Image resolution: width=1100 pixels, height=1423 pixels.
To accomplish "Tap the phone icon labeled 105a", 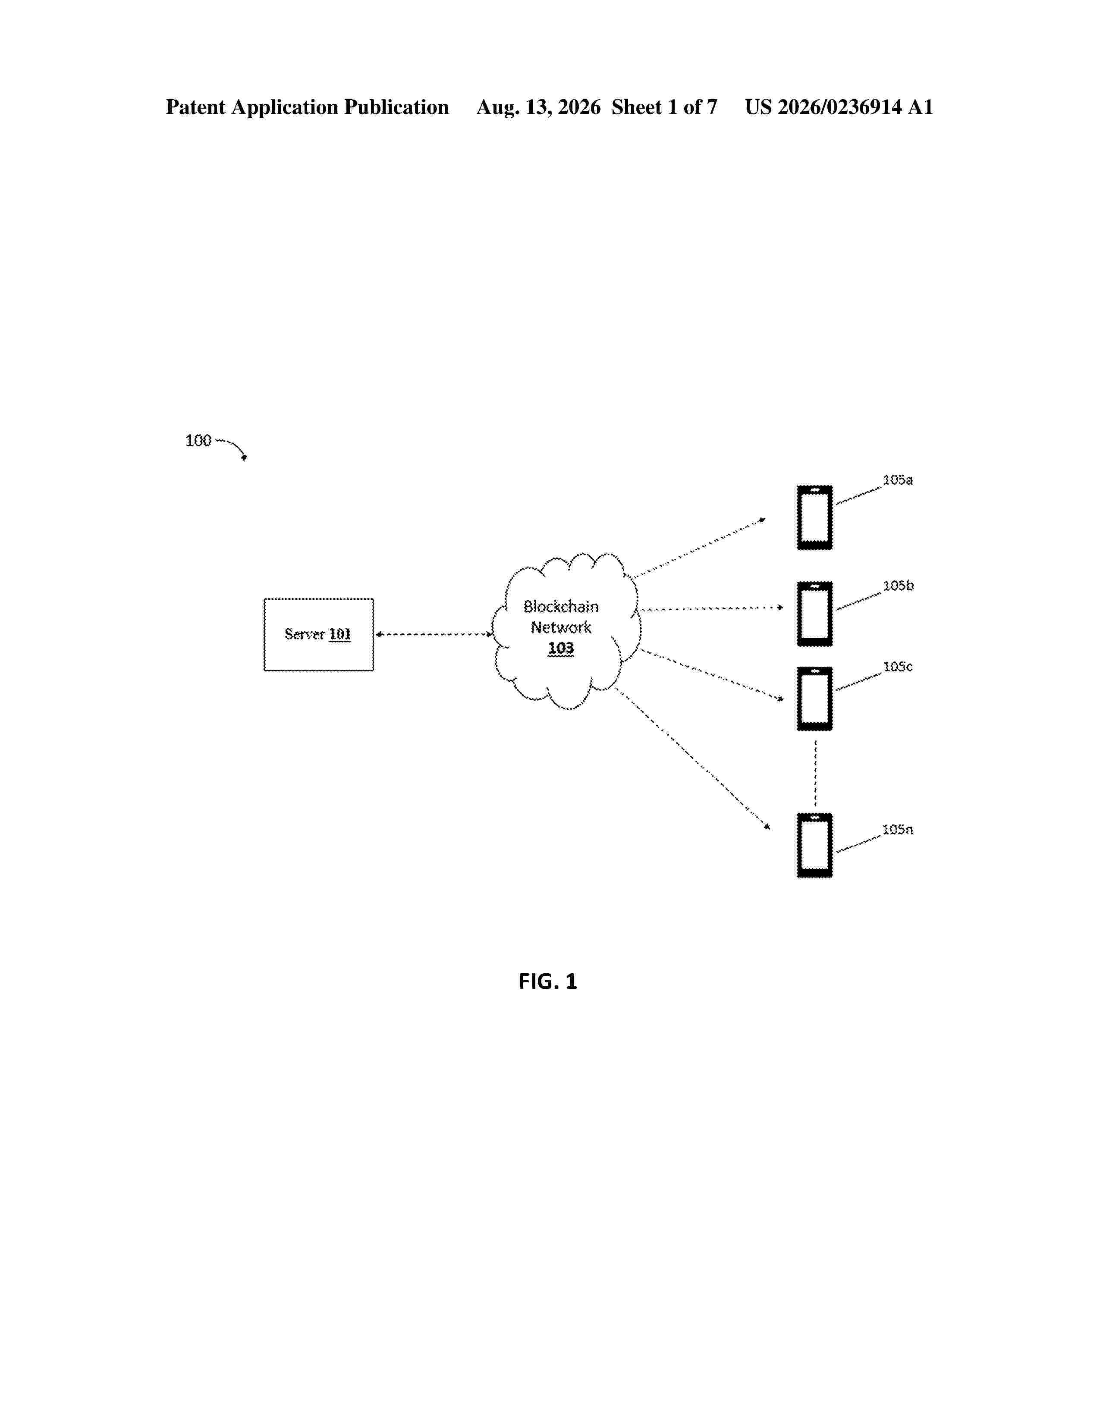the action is point(814,517).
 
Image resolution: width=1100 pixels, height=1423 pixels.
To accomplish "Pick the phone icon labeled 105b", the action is point(814,614).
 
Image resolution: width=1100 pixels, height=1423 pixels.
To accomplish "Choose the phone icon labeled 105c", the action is point(814,699).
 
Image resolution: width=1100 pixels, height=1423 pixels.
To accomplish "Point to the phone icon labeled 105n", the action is point(814,845).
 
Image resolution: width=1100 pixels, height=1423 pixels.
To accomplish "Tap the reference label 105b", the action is point(898,586).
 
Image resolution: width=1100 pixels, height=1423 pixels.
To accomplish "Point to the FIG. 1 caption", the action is point(548,981).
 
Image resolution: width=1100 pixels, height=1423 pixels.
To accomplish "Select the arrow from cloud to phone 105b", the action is point(712,608).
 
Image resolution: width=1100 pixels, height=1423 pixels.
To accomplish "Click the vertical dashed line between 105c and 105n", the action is point(815,772).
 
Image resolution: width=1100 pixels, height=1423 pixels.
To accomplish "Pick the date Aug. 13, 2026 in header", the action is point(538,107).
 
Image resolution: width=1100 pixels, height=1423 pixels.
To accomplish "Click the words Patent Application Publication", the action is point(307,107).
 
